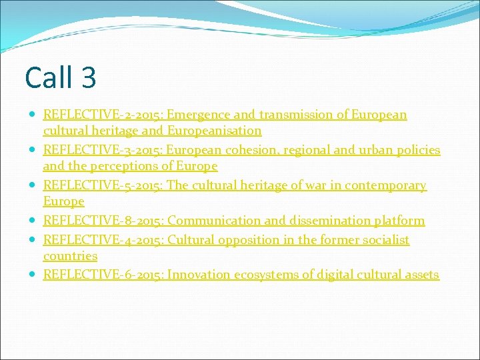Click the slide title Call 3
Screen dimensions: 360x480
coord(61,77)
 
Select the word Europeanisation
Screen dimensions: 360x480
coord(215,131)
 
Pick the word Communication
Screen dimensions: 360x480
coord(214,221)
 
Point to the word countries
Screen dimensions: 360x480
coord(70,256)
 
